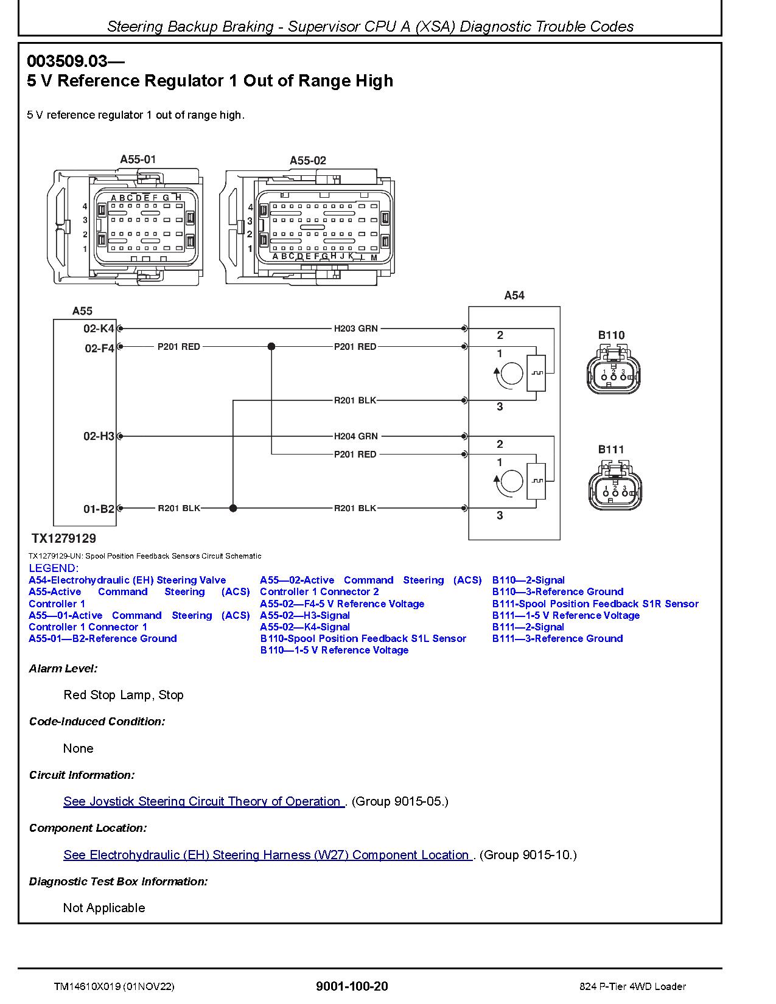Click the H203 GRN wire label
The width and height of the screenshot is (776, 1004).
point(355,329)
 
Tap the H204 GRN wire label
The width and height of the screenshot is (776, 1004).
point(355,436)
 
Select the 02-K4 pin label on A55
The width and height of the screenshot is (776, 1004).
point(99,329)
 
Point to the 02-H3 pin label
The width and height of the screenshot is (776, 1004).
point(99,436)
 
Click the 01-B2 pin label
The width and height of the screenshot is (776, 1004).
point(99,509)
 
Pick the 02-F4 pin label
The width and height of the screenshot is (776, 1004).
point(99,348)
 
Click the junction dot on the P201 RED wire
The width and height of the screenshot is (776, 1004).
point(271,346)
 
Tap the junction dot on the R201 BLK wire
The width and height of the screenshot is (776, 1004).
point(233,508)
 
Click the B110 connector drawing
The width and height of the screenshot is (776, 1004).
point(613,371)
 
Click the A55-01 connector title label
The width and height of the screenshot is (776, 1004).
point(138,159)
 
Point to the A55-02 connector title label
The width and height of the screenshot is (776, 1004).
point(308,161)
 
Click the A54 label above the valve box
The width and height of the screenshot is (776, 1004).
point(514,295)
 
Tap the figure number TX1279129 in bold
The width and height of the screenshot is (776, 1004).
point(64,539)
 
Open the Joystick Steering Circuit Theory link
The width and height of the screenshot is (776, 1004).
point(204,801)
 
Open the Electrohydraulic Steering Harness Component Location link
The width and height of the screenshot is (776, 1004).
point(268,855)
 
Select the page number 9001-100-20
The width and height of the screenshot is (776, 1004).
point(352,986)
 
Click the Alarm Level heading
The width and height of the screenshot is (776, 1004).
point(63,669)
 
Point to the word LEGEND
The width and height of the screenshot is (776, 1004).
point(54,568)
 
